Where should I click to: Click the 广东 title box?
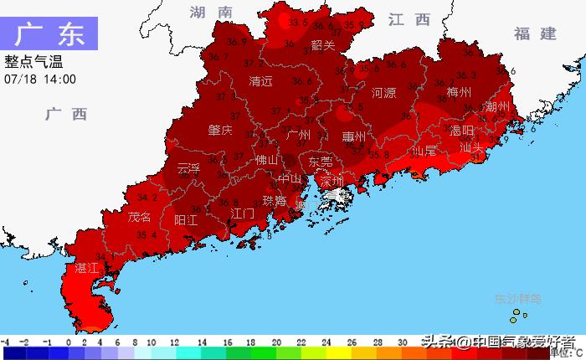click(49, 34)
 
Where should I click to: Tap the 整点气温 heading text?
click(33, 62)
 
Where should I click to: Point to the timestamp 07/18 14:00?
click(40, 79)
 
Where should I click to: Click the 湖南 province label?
click(210, 13)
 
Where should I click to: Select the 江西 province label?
click(409, 19)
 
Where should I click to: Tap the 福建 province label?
click(536, 33)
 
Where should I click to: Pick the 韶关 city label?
click(322, 45)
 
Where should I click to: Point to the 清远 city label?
click(261, 82)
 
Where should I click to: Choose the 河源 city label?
click(383, 93)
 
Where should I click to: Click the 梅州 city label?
click(460, 92)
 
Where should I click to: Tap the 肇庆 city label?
click(220, 130)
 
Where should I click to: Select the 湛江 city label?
click(87, 269)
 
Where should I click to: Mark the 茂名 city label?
click(140, 217)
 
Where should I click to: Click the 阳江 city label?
click(186, 220)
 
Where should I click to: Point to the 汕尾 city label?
click(424, 152)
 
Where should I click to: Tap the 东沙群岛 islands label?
click(518, 298)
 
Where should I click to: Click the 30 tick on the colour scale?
click(403, 342)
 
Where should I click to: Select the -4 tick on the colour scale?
click(5, 342)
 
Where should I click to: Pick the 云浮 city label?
click(189, 168)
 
